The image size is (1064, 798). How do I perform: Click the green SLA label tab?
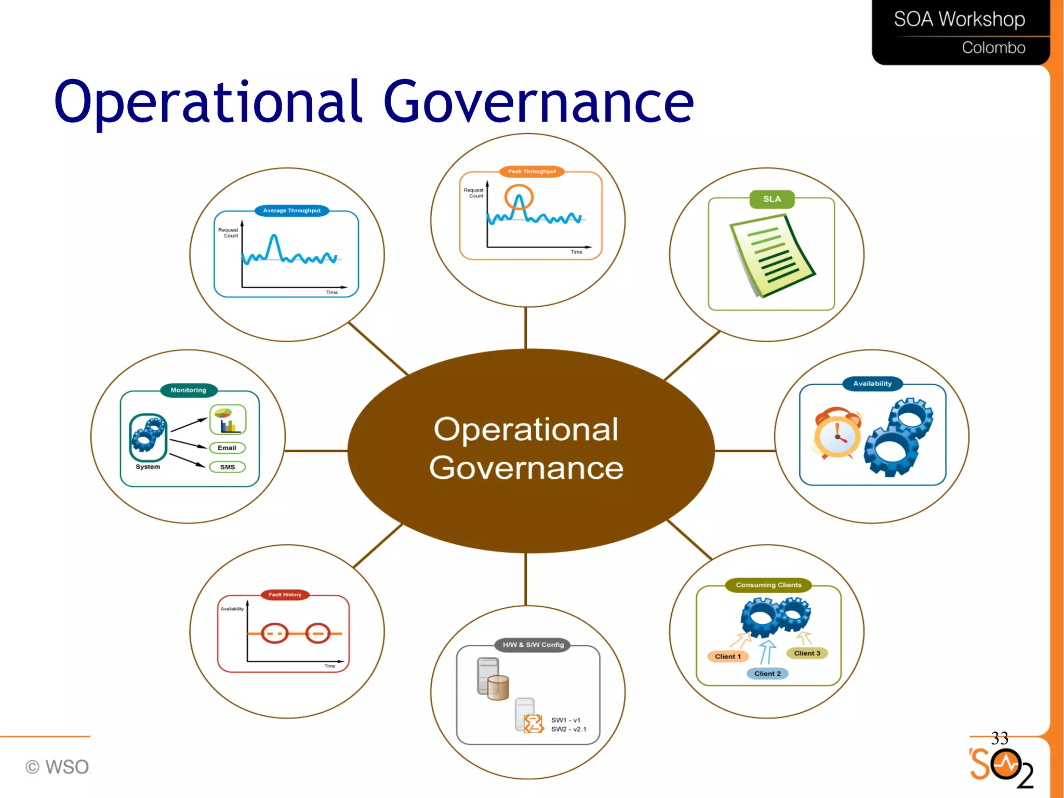pos(772,199)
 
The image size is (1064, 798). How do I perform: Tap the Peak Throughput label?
pos(531,172)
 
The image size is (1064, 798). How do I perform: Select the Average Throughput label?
pos(291,211)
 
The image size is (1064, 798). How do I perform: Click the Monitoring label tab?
pos(189,390)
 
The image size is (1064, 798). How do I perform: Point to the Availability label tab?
pos(872,384)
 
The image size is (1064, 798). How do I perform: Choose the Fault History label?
pos(285,595)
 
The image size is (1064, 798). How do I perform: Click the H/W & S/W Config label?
pos(533,645)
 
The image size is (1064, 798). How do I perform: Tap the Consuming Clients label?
pos(768,585)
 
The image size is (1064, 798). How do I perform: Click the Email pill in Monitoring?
pos(227,448)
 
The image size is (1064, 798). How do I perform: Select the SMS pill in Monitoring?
pos(228,467)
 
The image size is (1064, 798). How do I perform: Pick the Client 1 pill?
pos(727,657)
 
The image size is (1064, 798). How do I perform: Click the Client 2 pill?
pos(767,674)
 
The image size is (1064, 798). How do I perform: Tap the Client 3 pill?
pos(807,653)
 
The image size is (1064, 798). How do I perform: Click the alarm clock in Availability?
pos(837,434)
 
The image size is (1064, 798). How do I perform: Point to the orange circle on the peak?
pos(518,198)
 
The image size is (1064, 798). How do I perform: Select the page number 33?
pos(1000,738)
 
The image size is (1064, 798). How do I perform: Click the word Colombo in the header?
pos(993,48)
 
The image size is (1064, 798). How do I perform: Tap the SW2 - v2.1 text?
pos(568,729)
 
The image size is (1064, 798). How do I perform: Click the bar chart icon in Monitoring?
pos(228,420)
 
